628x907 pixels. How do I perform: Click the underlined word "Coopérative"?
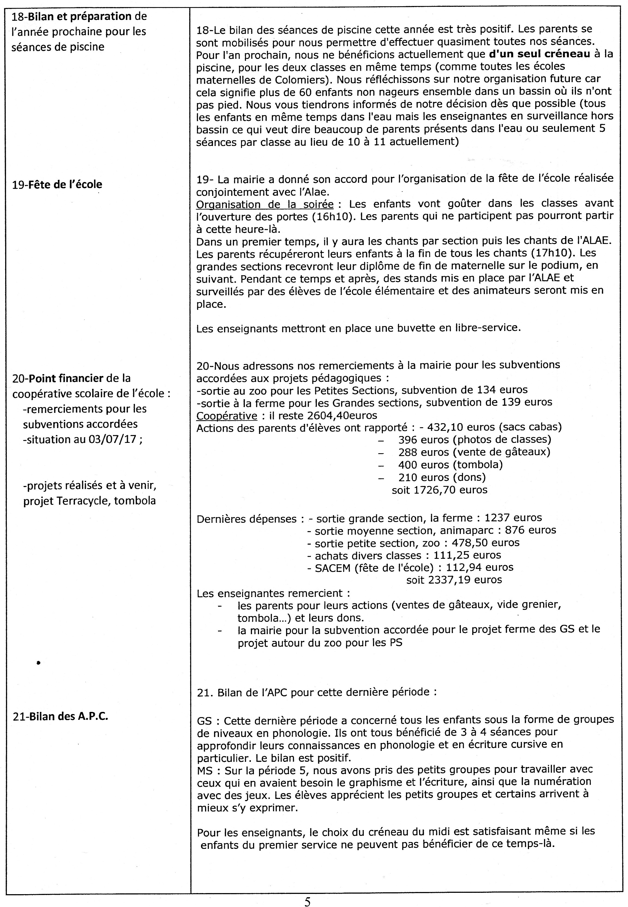tap(226, 415)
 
